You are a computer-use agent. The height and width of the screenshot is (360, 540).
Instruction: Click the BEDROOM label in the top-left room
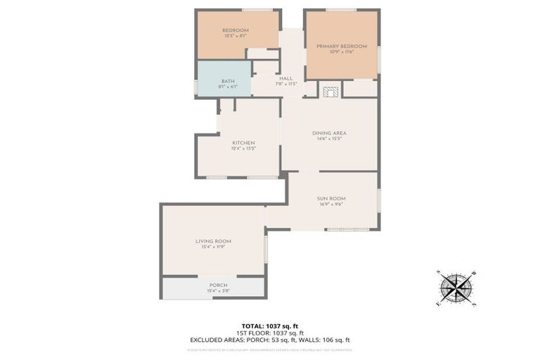236,30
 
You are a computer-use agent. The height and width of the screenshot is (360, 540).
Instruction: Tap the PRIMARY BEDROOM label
341,46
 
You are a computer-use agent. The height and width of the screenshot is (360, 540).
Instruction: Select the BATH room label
228,81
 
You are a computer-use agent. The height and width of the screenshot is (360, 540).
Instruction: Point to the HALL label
286,78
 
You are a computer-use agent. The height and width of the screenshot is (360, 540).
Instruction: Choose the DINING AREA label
329,133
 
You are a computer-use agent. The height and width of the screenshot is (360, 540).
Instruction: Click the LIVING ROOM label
213,241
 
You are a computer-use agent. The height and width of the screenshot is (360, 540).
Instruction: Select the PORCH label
218,285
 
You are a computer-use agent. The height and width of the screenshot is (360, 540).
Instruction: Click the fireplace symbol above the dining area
330,90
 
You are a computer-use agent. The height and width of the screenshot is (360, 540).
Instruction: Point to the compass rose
456,287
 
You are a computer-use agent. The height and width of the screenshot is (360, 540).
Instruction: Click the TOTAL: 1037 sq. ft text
270,326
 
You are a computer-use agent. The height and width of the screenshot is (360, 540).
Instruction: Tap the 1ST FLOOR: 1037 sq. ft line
270,333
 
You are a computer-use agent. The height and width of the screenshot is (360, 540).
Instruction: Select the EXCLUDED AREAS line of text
270,340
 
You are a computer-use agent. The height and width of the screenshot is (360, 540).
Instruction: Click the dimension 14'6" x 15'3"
329,139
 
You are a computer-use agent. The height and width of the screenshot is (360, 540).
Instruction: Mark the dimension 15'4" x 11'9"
213,247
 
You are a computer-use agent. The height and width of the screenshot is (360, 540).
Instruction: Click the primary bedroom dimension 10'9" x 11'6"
341,52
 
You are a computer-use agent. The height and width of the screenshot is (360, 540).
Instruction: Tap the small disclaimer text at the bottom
270,349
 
